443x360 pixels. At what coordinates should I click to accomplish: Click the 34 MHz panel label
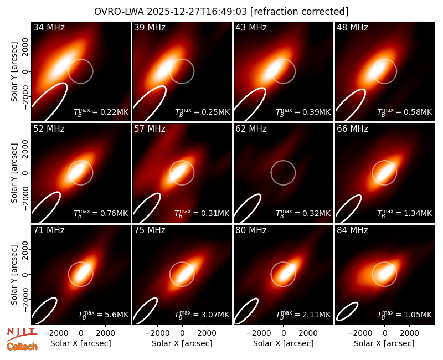pos(49,27)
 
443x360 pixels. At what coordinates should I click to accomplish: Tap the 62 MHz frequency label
pos(251,129)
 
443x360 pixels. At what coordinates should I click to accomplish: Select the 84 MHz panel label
pos(352,230)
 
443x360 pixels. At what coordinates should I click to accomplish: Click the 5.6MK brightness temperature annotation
pos(103,314)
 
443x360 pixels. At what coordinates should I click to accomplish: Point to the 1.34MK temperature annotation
pos(405,213)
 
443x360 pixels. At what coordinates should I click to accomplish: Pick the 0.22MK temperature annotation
pos(101,112)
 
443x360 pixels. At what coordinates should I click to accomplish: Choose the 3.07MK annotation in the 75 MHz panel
pos(202,314)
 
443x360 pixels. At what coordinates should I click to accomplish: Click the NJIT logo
pos(22,333)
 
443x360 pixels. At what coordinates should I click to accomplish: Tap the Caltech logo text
pos(22,347)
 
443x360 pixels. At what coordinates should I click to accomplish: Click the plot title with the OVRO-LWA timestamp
pos(221,12)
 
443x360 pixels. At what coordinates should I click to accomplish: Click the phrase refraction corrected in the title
pos(300,12)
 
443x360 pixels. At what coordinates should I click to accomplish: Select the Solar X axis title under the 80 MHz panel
pos(283,343)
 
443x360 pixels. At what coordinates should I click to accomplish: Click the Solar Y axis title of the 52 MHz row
pos(14,173)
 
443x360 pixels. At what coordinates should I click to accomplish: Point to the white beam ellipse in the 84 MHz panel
pos(348,311)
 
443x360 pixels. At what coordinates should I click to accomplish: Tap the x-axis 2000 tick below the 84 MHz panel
pos(409,333)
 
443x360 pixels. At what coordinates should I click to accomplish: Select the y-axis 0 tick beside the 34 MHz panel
pos(26,71)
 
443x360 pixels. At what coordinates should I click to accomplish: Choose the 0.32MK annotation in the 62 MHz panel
pos(303,213)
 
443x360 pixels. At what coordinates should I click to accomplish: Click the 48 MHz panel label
pos(352,27)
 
